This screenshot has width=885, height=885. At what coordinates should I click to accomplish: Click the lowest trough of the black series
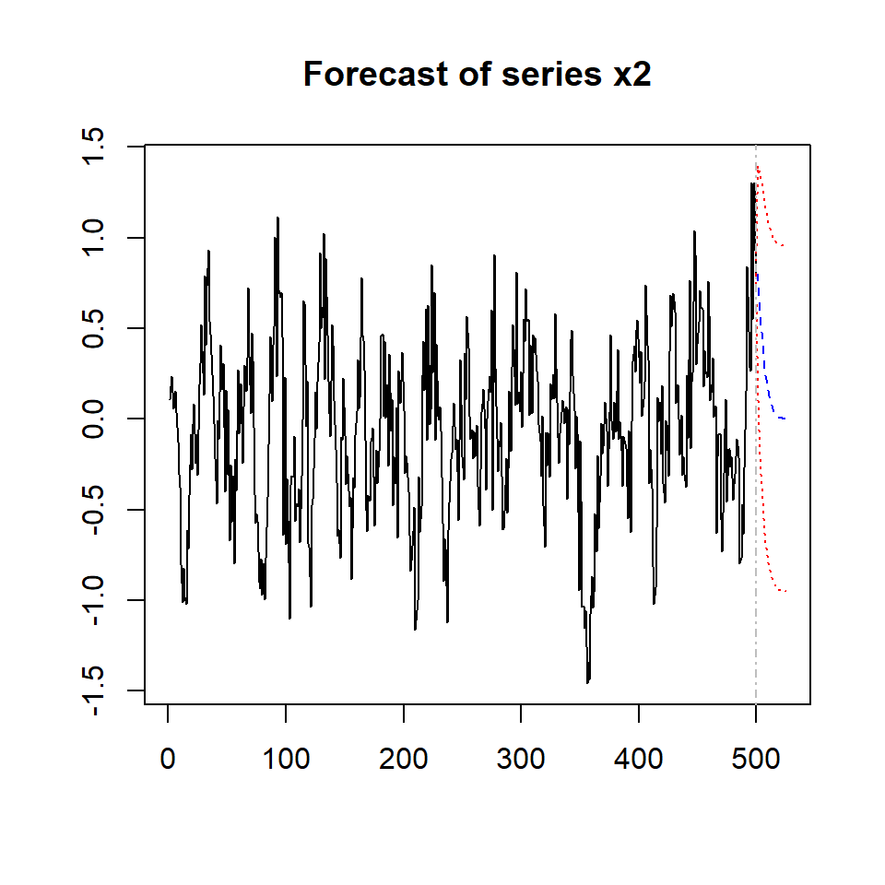tap(587, 682)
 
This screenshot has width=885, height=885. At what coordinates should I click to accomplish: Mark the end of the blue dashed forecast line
tap(785, 419)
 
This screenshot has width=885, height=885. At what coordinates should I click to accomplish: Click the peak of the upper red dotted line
tap(759, 167)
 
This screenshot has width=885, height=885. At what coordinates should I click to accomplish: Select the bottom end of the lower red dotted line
tap(785, 591)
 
